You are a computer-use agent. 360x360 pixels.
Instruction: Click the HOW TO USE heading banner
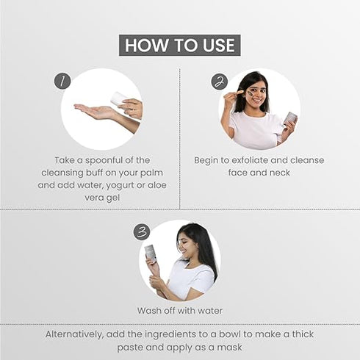[180, 45]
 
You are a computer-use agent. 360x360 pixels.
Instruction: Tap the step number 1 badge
[63, 82]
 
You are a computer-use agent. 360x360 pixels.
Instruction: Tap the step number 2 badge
[220, 82]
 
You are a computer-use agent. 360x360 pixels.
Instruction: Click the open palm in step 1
[96, 112]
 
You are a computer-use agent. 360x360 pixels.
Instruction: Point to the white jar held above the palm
[120, 99]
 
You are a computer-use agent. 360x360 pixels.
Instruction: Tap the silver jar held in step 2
[290, 118]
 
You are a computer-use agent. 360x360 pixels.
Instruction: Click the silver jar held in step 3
[150, 253]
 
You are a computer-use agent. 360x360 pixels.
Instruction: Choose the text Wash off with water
[180, 310]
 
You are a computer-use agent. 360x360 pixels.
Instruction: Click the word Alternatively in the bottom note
[76, 334]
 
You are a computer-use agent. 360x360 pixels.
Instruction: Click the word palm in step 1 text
[149, 173]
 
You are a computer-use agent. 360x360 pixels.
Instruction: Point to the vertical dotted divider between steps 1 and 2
[180, 140]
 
